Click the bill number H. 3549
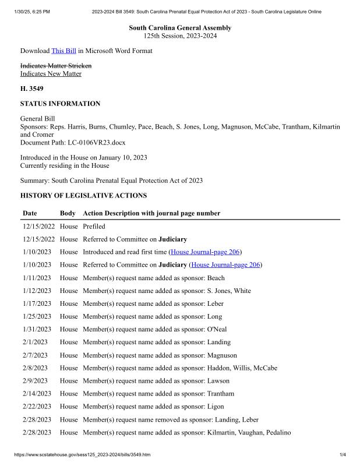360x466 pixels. tap(32, 89)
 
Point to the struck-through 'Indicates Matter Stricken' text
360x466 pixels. tap(56, 66)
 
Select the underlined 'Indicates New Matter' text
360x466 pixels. tap(51, 74)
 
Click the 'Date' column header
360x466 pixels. tap(30, 213)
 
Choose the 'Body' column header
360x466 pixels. tap(68, 213)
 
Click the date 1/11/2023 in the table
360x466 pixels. tap(37, 278)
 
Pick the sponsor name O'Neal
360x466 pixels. tap(217, 329)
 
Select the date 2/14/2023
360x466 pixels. tap(37, 394)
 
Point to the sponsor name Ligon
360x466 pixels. tap(216, 407)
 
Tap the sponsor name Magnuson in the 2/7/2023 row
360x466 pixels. tap(222, 355)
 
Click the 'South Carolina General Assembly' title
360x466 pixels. tap(180, 28)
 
